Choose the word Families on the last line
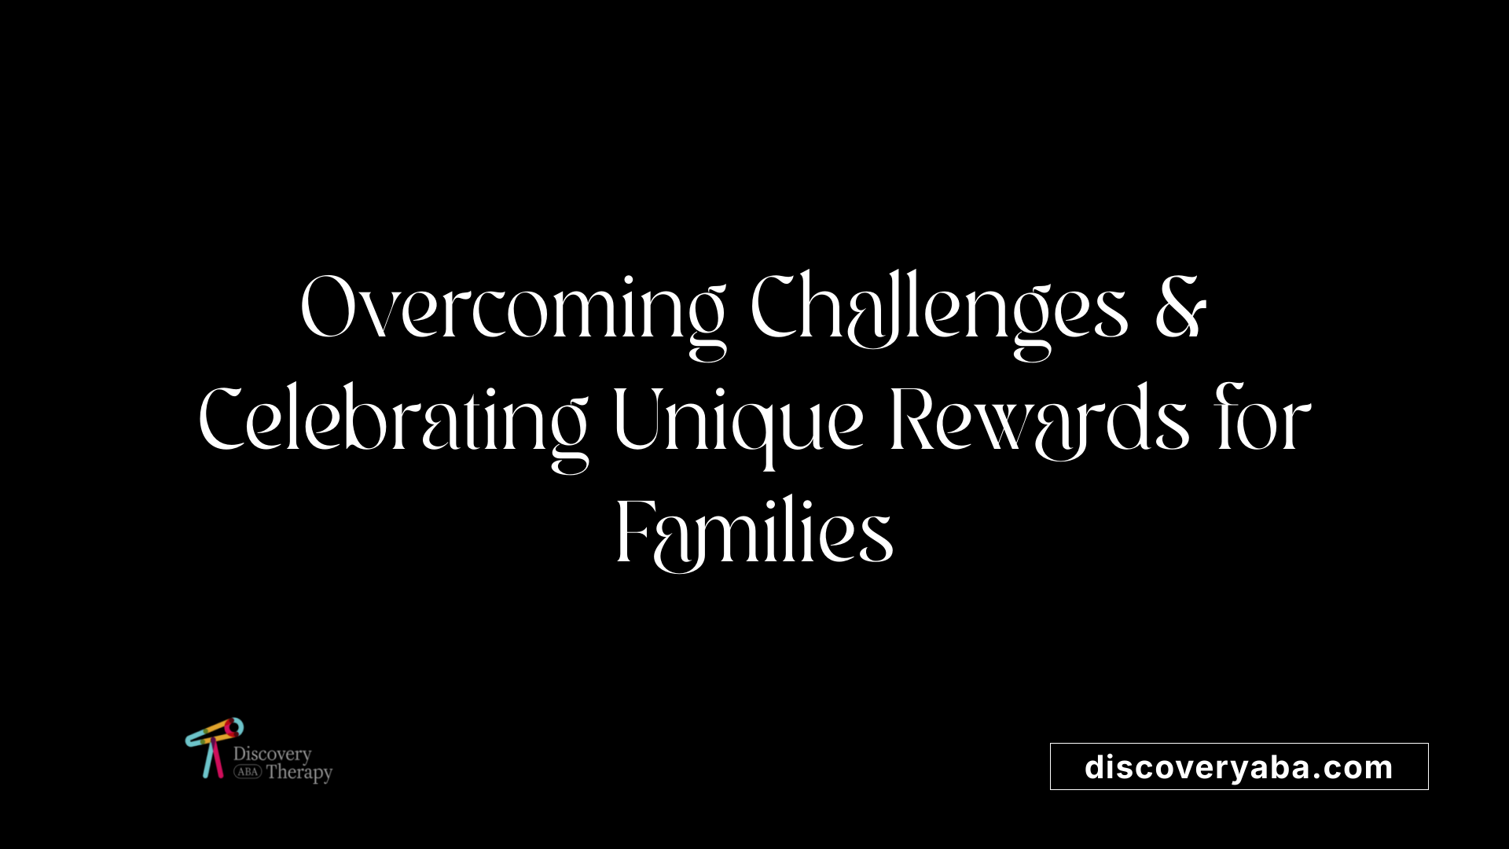point(754,535)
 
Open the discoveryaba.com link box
point(1239,766)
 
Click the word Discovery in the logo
point(272,755)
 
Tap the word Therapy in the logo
point(299,773)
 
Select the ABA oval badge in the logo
point(247,772)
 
